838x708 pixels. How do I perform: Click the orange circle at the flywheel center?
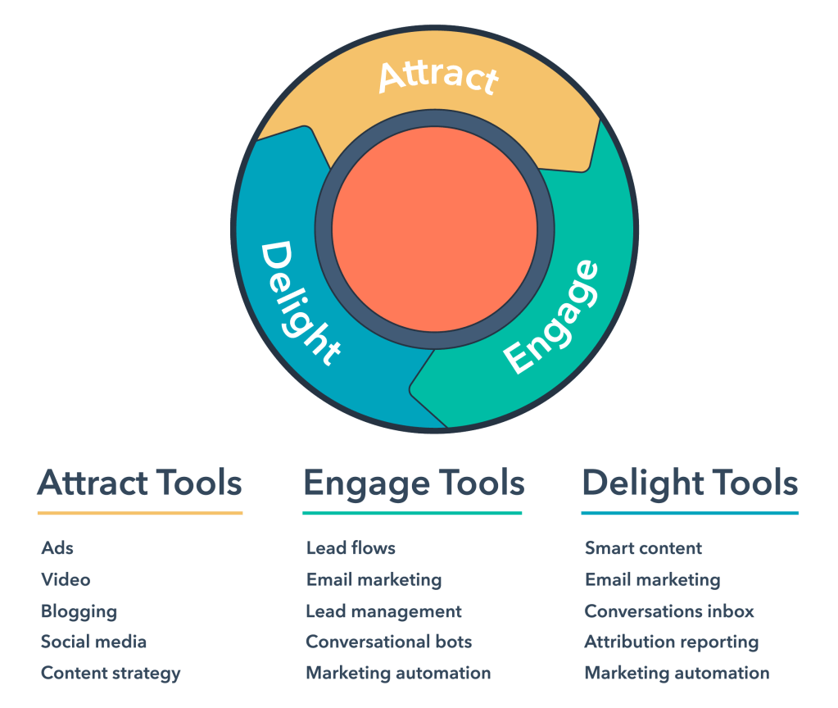[x=435, y=229]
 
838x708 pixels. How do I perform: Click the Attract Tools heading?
[x=140, y=483]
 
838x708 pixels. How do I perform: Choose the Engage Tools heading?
[x=414, y=483]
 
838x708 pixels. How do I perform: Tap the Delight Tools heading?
[x=690, y=483]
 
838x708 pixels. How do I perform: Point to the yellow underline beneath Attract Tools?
[x=140, y=514]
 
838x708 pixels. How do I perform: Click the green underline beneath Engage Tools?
[x=412, y=514]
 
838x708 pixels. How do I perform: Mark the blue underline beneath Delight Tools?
[x=690, y=514]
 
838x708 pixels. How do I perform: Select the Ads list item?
[x=57, y=548]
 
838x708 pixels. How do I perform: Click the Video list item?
[x=66, y=579]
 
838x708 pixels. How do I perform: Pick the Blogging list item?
[x=79, y=611]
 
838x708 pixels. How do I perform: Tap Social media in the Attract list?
[x=93, y=642]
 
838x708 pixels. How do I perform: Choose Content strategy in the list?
[x=111, y=674]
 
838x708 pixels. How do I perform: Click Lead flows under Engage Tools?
[x=351, y=548]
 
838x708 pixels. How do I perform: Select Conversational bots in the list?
[x=389, y=642]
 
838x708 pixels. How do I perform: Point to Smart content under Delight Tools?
[x=644, y=548]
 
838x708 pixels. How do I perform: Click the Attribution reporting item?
[x=672, y=642]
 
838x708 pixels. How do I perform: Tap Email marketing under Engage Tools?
[x=374, y=579]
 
